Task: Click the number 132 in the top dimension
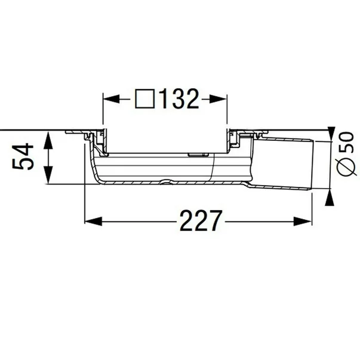point(177,99)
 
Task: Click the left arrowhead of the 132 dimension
point(108,99)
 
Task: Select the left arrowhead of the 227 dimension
point(90,221)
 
